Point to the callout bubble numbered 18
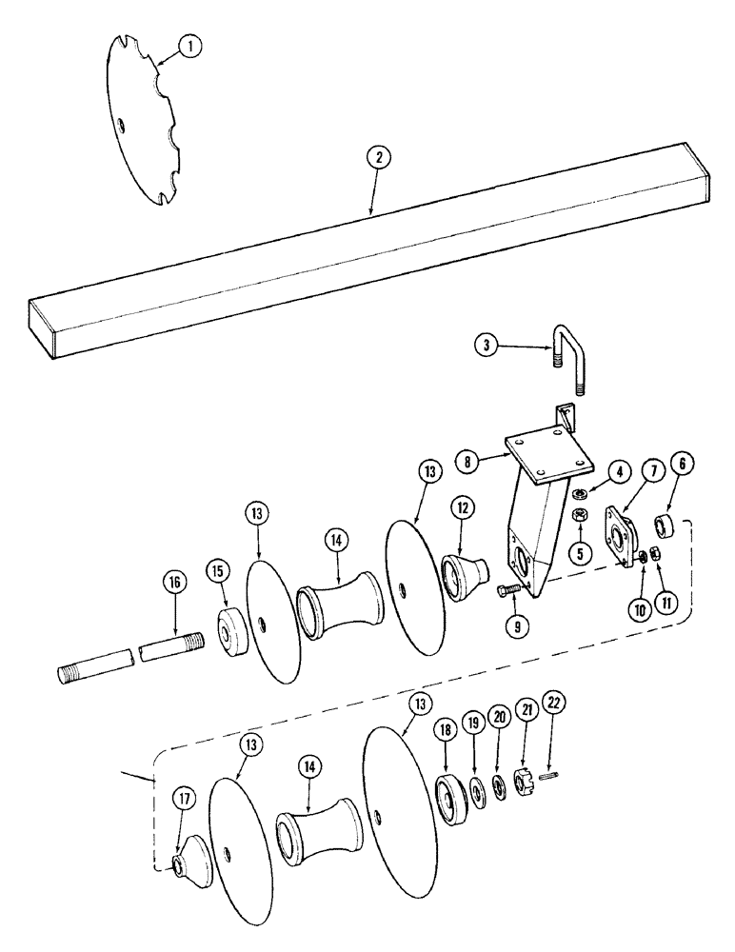pos(445,729)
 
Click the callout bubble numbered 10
pos(647,605)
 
